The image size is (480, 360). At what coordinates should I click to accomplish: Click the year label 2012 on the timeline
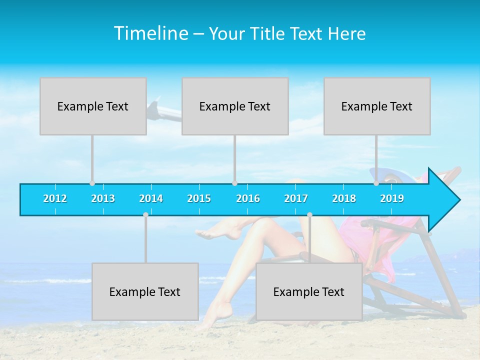pos(55,198)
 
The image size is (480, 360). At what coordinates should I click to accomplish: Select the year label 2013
pos(103,198)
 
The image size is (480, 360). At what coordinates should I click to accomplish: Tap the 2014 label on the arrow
pos(151,198)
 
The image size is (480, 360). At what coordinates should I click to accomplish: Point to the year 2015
pos(199,198)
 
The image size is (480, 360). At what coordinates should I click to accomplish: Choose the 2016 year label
pos(248,198)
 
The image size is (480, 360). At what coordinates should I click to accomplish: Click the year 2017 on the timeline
pos(296,198)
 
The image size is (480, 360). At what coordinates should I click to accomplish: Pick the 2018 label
pos(344,198)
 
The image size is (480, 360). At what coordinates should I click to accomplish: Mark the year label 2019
pos(392,198)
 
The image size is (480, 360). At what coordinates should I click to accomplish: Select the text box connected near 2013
pos(93,106)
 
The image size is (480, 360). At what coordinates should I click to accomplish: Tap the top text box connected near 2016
pos(235,106)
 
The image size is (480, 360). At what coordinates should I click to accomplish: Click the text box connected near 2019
pos(377,106)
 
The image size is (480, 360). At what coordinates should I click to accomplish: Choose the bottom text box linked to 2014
pos(145,291)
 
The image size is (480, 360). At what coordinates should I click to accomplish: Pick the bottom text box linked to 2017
pos(309,291)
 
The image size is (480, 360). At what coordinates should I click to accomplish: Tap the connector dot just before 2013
pos(92,183)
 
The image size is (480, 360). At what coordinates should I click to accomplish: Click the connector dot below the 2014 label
pos(145,214)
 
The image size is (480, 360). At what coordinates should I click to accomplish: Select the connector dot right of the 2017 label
pos(309,214)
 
